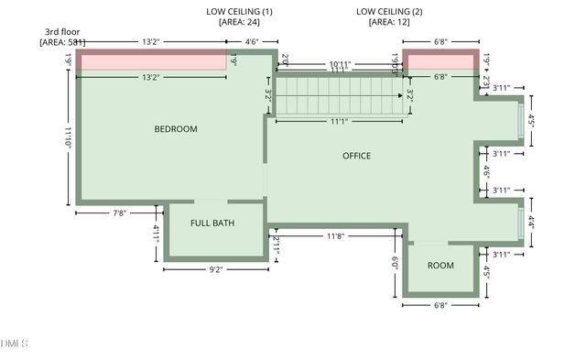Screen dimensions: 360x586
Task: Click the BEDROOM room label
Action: (x=175, y=129)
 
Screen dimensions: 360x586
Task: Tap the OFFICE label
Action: (x=356, y=156)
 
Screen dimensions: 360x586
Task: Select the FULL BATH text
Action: (x=212, y=224)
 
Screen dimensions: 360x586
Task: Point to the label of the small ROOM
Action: (x=440, y=266)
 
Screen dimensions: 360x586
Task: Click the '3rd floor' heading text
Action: (x=62, y=31)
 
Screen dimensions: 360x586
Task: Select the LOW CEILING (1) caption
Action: (x=239, y=11)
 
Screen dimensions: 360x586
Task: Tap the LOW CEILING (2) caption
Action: (x=389, y=11)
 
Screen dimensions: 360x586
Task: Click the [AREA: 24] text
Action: (x=239, y=23)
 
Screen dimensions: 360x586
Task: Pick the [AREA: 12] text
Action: (x=389, y=23)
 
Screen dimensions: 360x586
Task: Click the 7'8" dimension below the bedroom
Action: (x=119, y=213)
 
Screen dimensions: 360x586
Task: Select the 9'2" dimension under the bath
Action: (x=216, y=269)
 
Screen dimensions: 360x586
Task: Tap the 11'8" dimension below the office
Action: (x=336, y=236)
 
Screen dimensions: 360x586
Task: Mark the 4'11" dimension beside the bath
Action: (x=157, y=234)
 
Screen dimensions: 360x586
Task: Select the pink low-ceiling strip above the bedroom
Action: (x=151, y=61)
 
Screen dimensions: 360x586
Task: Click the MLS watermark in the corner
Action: (x=15, y=344)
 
